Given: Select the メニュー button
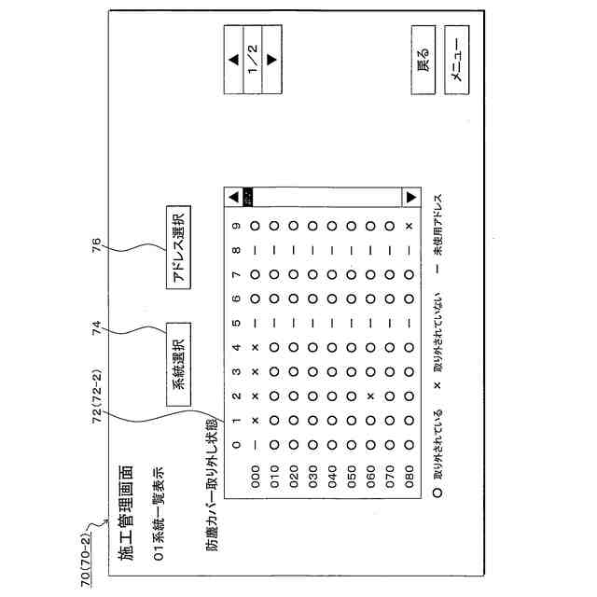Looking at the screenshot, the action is point(458,65).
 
